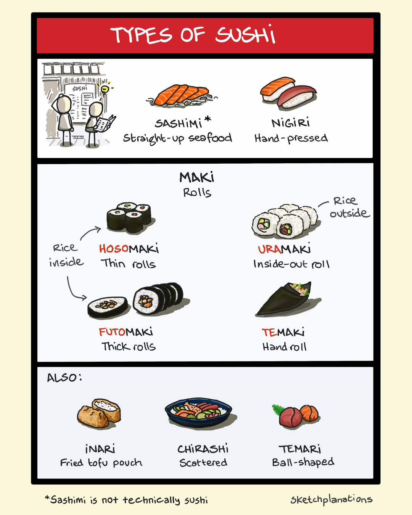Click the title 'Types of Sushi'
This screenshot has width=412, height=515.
tap(193, 35)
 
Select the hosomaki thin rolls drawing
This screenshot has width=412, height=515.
tap(129, 217)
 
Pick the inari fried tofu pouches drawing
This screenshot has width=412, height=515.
tap(99, 413)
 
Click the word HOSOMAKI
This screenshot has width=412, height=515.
tap(129, 249)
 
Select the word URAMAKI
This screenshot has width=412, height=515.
tap(284, 249)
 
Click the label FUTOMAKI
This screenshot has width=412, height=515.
tap(126, 332)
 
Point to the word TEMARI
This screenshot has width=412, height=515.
tap(300, 449)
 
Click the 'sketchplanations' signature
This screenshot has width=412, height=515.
tap(331, 499)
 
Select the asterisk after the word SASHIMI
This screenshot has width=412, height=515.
tap(208, 119)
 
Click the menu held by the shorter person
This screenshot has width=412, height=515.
tap(105, 123)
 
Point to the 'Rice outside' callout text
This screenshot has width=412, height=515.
tap(348, 207)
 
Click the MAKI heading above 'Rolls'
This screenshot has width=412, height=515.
tap(197, 177)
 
